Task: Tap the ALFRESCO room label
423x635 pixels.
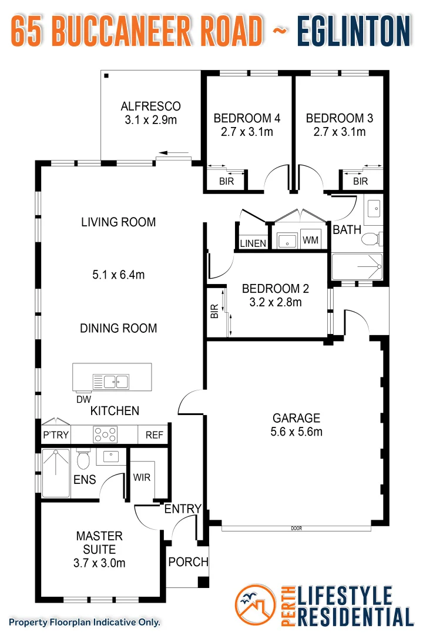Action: click(150, 106)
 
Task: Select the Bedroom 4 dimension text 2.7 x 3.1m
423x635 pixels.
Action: click(247, 132)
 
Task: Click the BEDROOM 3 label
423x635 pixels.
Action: click(339, 118)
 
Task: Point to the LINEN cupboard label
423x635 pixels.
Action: click(253, 243)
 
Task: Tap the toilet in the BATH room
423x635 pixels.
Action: click(371, 239)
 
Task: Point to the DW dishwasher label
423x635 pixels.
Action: click(83, 399)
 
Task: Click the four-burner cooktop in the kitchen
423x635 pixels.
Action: click(105, 435)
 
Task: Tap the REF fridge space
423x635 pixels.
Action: click(154, 436)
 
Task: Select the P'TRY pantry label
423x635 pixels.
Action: click(56, 436)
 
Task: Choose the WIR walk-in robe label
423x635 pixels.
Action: click(142, 477)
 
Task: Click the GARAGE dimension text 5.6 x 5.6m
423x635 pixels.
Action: click(296, 432)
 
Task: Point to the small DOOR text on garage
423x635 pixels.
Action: click(296, 529)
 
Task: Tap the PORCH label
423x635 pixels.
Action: click(188, 562)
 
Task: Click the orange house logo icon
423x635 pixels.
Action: click(255, 606)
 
